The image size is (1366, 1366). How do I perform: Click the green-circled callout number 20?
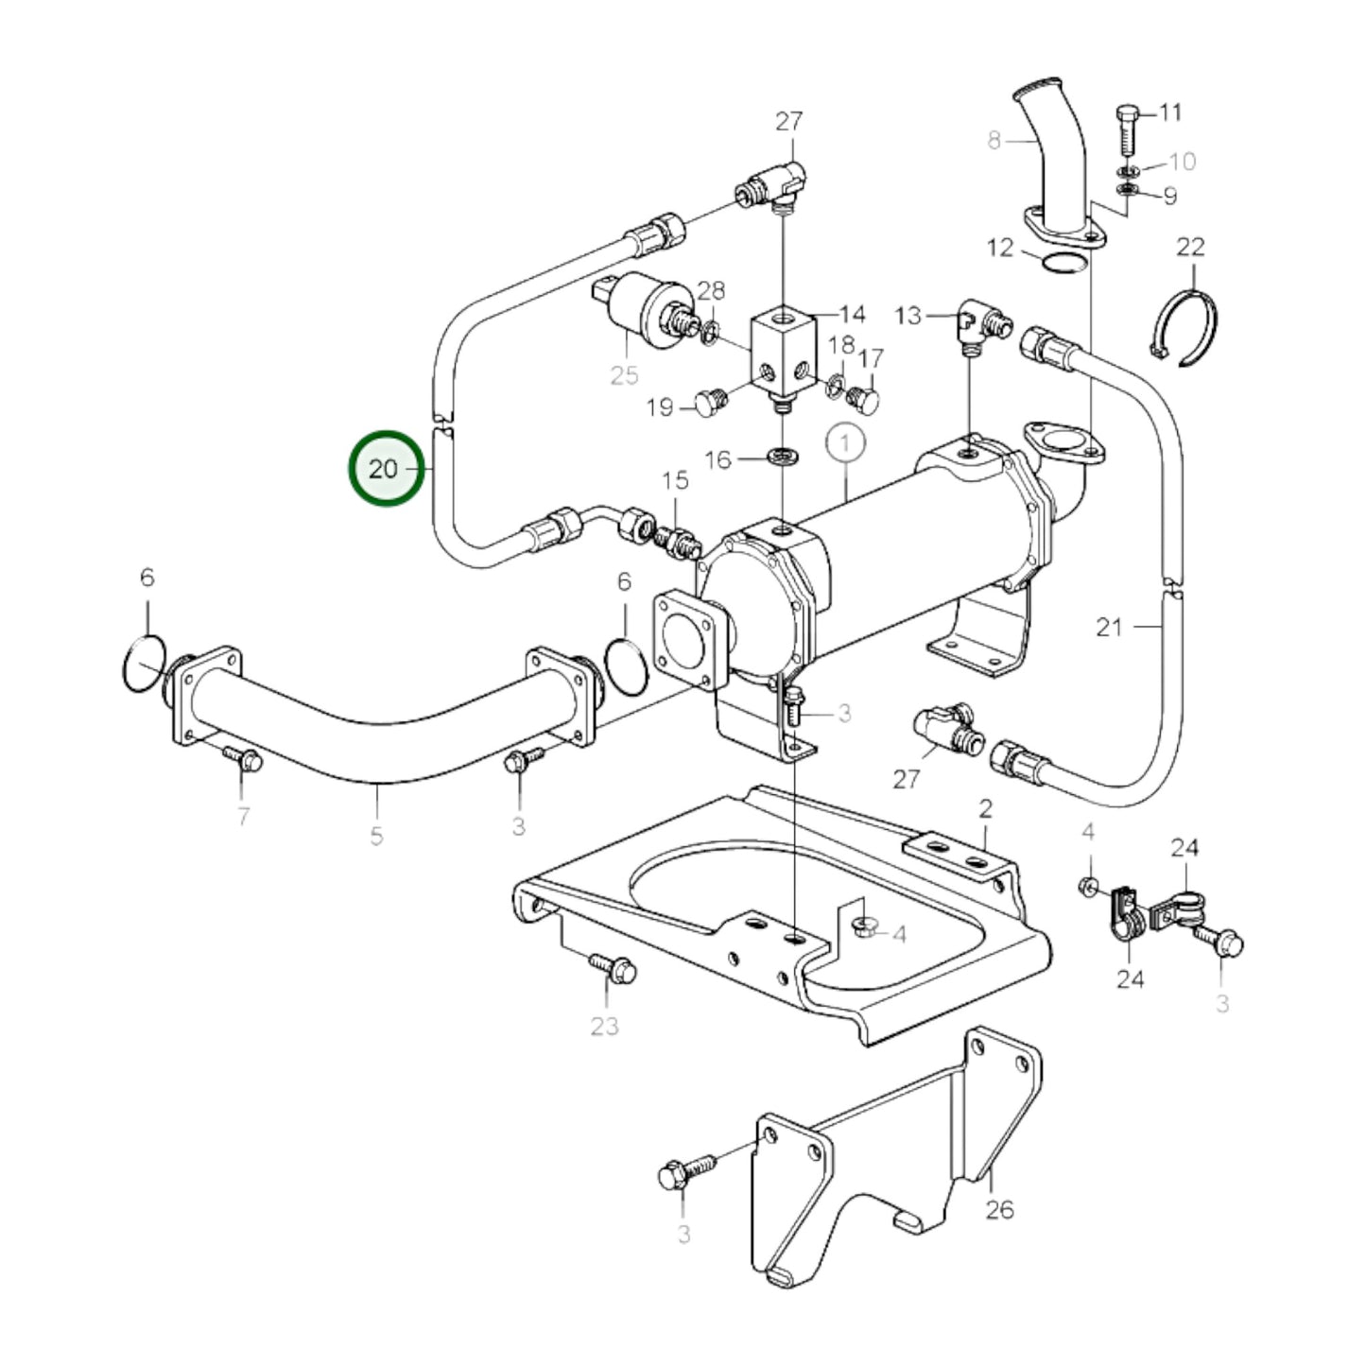coord(385,468)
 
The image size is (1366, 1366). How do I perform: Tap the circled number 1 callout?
coord(845,441)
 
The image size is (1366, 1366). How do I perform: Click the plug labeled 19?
coord(710,403)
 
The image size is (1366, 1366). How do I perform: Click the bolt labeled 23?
coord(613,968)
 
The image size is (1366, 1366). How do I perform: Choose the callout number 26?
coord(999,1209)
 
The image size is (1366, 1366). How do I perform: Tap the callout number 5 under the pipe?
coord(377,836)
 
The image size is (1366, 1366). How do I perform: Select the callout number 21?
coord(1109,627)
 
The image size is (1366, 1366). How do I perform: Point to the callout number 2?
coord(986,808)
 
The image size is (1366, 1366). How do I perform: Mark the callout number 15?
coord(675,481)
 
